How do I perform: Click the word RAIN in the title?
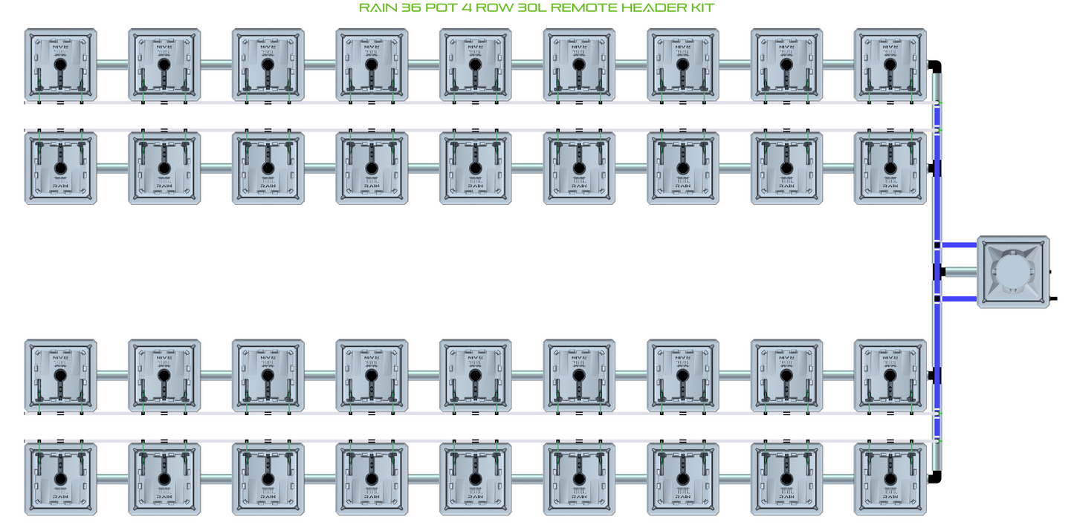pyautogui.click(x=377, y=8)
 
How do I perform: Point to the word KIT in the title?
pyautogui.click(x=702, y=8)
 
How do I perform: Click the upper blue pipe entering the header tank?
pyautogui.click(x=959, y=244)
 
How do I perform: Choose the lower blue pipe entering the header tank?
pyautogui.click(x=959, y=299)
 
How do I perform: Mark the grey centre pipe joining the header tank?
pyautogui.click(x=960, y=272)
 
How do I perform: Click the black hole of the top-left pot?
pyautogui.click(x=60, y=65)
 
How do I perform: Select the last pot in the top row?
pyautogui.click(x=890, y=65)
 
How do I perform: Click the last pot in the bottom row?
pyautogui.click(x=890, y=479)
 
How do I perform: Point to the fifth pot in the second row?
pyautogui.click(x=476, y=168)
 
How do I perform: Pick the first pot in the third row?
pyautogui.click(x=60, y=376)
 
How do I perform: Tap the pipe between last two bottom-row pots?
pyautogui.click(x=838, y=478)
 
